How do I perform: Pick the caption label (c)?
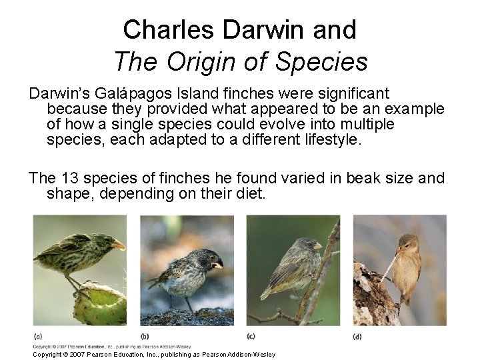251,335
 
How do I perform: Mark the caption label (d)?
358,335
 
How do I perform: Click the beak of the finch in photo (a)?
119,245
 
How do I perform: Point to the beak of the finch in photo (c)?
317,246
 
